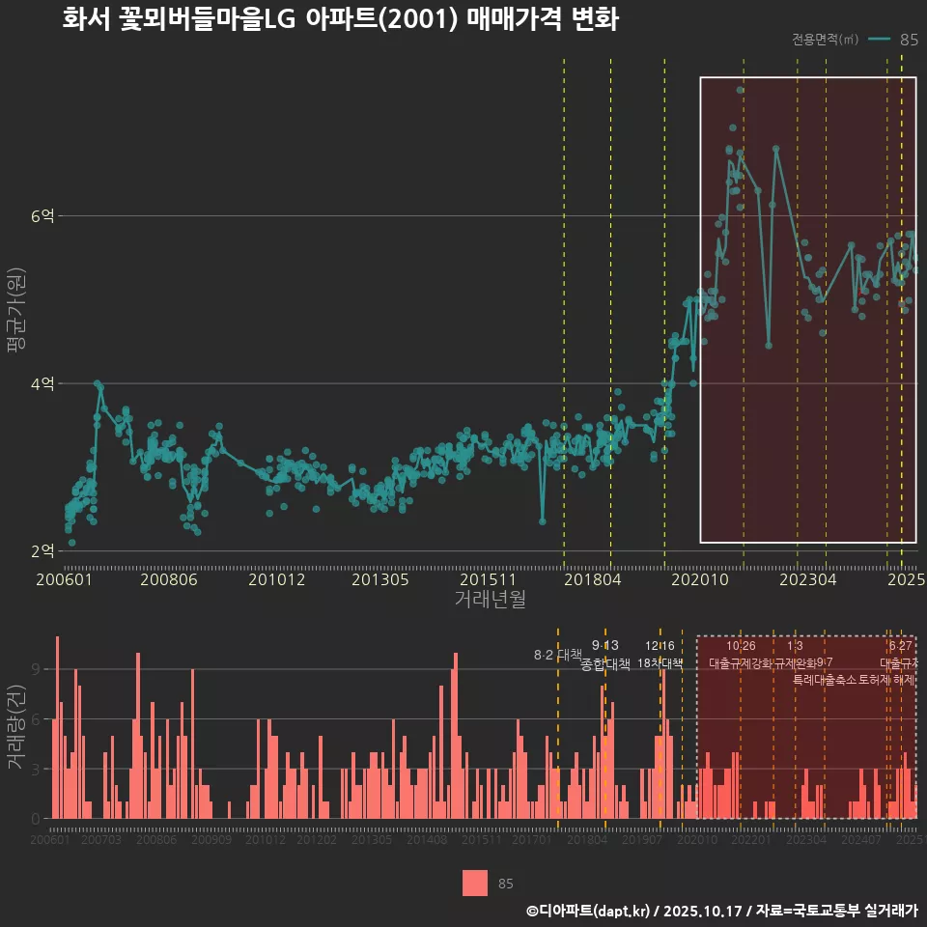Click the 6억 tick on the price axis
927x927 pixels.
pos(42,216)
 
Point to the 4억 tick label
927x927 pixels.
pos(42,384)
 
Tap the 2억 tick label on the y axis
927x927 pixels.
pos(42,551)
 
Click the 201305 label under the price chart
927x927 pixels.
pos(379,580)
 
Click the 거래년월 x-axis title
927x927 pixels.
pos(490,600)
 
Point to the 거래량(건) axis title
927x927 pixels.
pos(14,727)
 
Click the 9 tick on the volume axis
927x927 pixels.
pos(37,669)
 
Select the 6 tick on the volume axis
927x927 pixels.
pos(37,719)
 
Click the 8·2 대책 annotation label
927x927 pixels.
pos(551,655)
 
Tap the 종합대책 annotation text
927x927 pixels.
pos(605,664)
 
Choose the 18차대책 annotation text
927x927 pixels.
pos(660,664)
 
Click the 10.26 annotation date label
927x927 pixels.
pos(741,646)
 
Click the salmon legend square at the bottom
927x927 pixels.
pos(475,884)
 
